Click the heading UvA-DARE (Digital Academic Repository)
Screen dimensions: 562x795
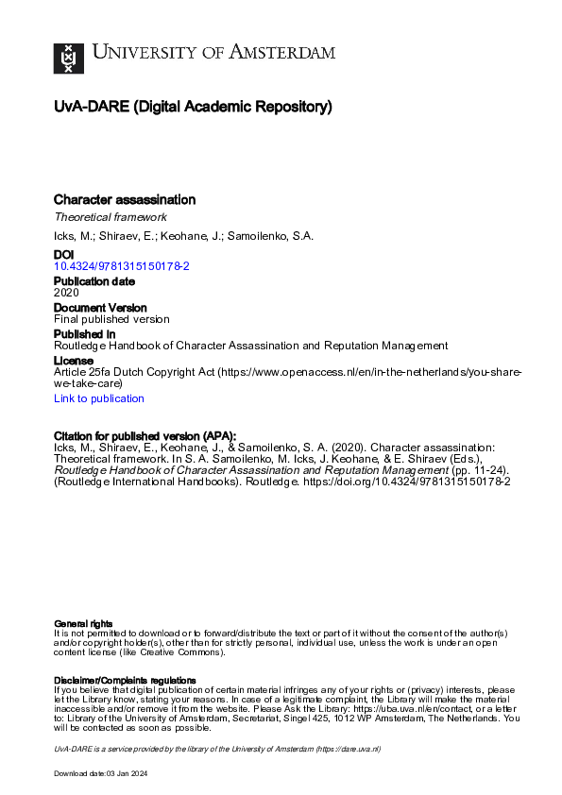[x=193, y=107]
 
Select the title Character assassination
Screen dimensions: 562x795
[x=125, y=199]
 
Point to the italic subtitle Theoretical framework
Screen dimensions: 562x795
[x=111, y=217]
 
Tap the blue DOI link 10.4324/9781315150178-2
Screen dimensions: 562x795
[x=122, y=267]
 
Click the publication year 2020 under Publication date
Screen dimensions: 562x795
[x=66, y=293]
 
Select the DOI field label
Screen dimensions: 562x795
[x=63, y=255]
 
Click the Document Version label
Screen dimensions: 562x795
[x=100, y=308]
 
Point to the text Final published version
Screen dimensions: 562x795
[x=111, y=319]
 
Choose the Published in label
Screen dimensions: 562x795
[x=85, y=334]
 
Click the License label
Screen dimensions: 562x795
[x=74, y=361]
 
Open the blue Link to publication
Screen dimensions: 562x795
[x=99, y=398]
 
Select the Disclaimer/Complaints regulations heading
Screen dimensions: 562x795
[x=125, y=680]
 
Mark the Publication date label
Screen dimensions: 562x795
[x=94, y=281]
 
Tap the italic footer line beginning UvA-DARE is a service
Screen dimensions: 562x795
[x=216, y=748]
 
